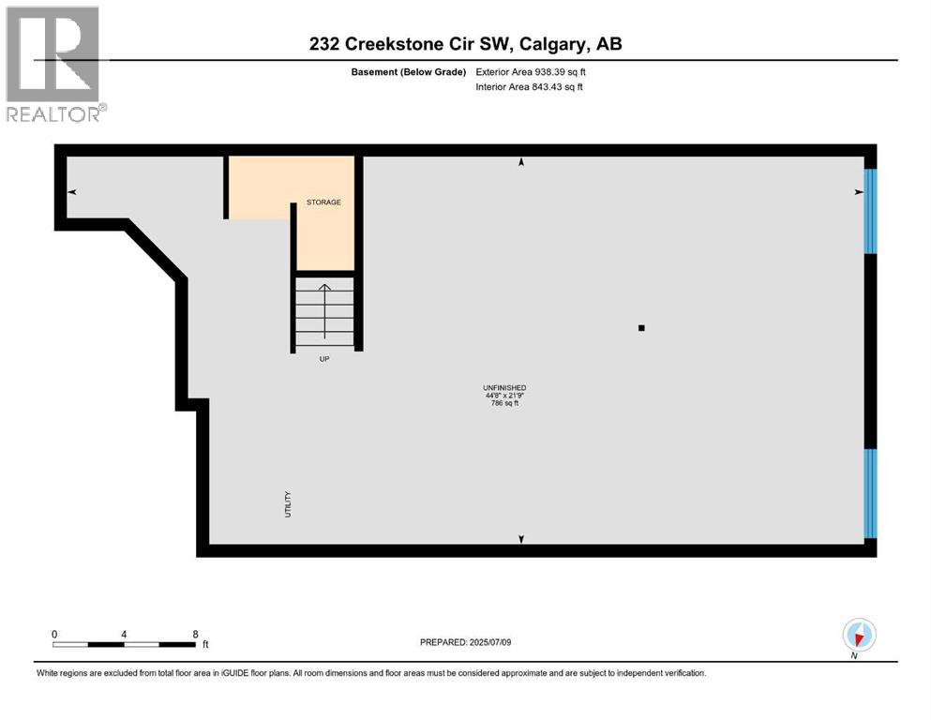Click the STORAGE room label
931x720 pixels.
[323, 202]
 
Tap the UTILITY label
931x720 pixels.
[289, 504]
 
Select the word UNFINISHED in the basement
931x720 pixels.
[503, 387]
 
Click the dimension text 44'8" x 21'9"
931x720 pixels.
[503, 396]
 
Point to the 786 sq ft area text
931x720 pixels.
[503, 404]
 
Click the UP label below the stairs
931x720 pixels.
[324, 358]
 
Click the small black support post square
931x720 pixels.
[641, 328]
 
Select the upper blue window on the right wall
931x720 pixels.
[869, 211]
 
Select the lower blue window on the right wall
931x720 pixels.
[869, 493]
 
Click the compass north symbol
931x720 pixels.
[859, 635]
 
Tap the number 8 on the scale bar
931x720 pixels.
[195, 634]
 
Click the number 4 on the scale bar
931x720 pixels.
[124, 634]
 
